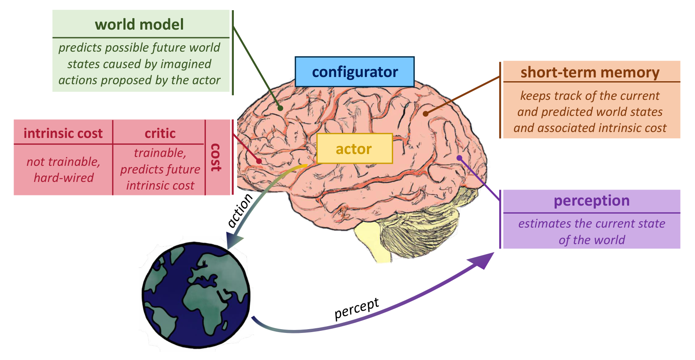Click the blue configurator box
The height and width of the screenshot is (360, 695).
point(355,71)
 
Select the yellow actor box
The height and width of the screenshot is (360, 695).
point(355,148)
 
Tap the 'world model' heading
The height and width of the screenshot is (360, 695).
point(140,25)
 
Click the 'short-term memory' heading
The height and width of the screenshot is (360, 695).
point(590,72)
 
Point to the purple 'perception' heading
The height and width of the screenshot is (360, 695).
point(592,201)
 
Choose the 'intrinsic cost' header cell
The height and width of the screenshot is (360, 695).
point(63,133)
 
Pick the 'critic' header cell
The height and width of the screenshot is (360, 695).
point(160,133)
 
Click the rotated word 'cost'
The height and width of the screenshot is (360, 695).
point(216,157)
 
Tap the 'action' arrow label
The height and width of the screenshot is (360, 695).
point(240,210)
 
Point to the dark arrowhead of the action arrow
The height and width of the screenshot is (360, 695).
point(233,241)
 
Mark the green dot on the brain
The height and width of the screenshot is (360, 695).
point(280,108)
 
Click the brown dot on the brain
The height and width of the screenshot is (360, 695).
point(426,114)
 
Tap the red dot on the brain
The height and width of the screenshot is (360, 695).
point(259,161)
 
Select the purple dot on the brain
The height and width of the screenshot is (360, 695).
point(460,158)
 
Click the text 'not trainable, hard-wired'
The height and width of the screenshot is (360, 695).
point(63,170)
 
